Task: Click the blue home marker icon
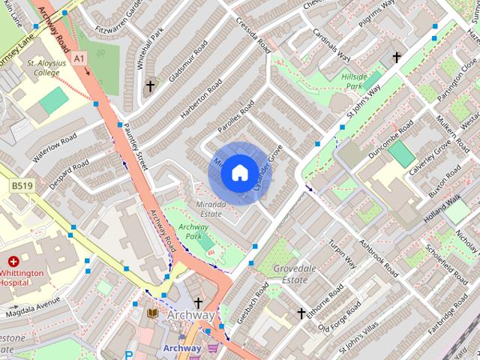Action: click(x=238, y=173)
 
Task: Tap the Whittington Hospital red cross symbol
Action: click(x=13, y=262)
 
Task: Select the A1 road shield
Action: click(x=79, y=57)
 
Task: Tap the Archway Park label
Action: click(x=184, y=231)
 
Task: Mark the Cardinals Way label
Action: click(x=332, y=46)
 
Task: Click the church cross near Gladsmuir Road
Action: click(x=150, y=86)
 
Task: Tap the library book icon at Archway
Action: click(x=153, y=313)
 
